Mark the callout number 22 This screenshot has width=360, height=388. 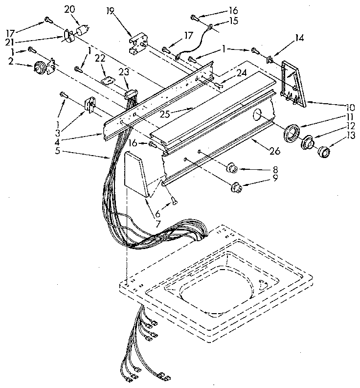pyautogui.click(x=99, y=59)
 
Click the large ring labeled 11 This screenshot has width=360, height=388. pyautogui.click(x=293, y=132)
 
